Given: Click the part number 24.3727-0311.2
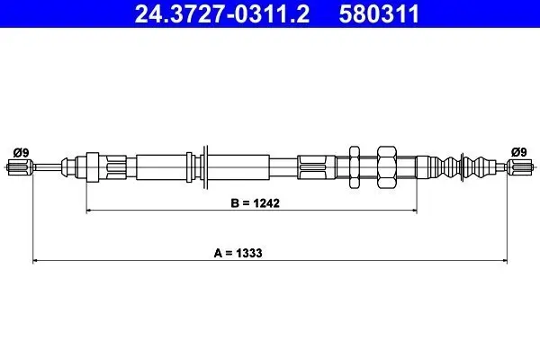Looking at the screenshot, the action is click(222, 13).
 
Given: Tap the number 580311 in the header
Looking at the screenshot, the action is click(379, 13).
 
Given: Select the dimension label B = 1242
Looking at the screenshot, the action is click(256, 203).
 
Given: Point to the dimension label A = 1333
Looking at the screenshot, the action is click(238, 253).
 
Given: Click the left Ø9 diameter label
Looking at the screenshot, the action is click(22, 152).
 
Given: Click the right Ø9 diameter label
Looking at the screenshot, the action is click(518, 152).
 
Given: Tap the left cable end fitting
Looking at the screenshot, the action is click(20, 167).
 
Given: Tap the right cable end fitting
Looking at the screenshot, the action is click(520, 167).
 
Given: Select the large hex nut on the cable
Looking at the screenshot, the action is click(387, 167).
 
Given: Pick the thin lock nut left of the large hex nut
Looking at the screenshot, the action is click(355, 167).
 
